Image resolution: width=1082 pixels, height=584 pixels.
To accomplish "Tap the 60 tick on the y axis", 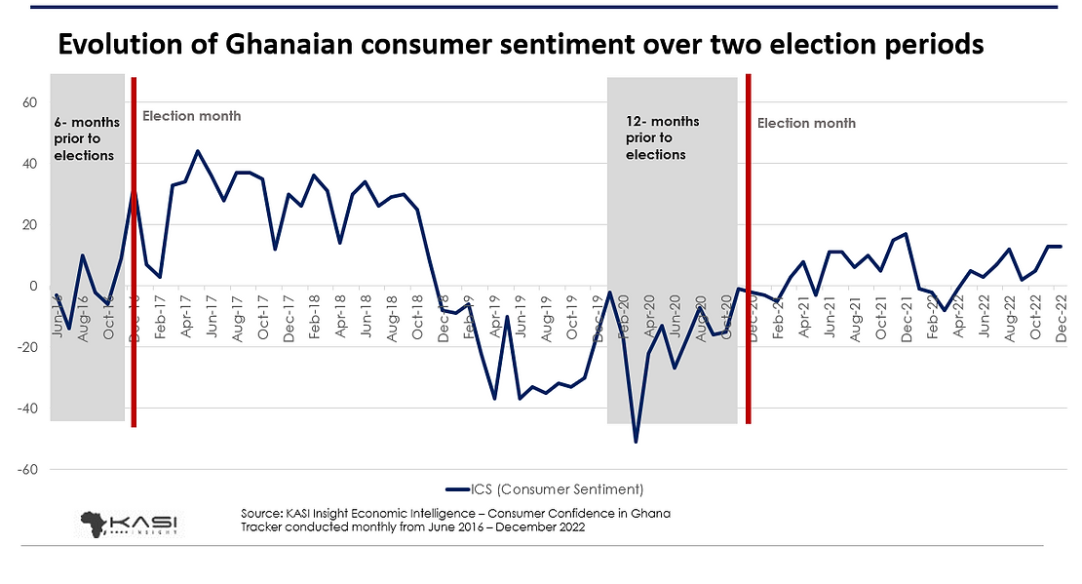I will click(30, 102).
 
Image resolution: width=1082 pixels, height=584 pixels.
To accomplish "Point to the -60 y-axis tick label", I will click(27, 469).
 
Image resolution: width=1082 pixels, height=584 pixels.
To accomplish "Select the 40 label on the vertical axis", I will click(30, 164).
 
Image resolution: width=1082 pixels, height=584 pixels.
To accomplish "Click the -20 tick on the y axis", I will click(27, 347).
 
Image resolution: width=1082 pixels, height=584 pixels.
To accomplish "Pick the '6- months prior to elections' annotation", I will click(87, 138).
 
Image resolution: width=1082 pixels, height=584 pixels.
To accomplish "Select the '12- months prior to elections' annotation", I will click(662, 137).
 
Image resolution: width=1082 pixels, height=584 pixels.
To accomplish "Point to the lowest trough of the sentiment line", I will click(636, 442).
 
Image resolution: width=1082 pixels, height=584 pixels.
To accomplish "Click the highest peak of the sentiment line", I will click(198, 151).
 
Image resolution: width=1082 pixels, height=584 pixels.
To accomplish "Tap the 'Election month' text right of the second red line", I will click(806, 123).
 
